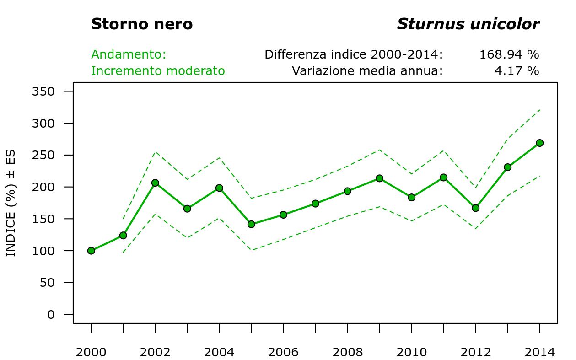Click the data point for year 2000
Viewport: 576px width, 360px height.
point(91,251)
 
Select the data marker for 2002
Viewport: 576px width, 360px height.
point(155,183)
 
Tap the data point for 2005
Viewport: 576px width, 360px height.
point(251,224)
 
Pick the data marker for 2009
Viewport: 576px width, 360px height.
point(379,178)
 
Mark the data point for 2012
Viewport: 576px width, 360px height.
point(475,208)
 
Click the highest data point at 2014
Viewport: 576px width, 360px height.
point(539,143)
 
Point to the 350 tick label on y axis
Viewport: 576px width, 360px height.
point(43,91)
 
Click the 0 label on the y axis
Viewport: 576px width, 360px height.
point(50,315)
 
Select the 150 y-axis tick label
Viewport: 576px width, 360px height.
point(43,219)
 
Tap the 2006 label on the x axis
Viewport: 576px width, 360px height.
point(283,352)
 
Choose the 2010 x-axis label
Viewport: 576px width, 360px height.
point(411,352)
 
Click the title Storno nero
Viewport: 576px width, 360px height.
point(142,24)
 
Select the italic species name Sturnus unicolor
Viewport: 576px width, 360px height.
point(468,24)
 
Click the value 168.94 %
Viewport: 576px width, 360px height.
point(509,54)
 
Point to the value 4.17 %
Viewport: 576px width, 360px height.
point(517,71)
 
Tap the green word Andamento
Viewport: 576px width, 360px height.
point(129,54)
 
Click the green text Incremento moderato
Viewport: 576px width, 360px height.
point(158,71)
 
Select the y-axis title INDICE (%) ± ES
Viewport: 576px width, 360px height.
point(11,203)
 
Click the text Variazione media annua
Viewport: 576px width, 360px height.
point(367,71)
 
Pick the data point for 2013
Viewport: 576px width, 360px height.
point(507,167)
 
